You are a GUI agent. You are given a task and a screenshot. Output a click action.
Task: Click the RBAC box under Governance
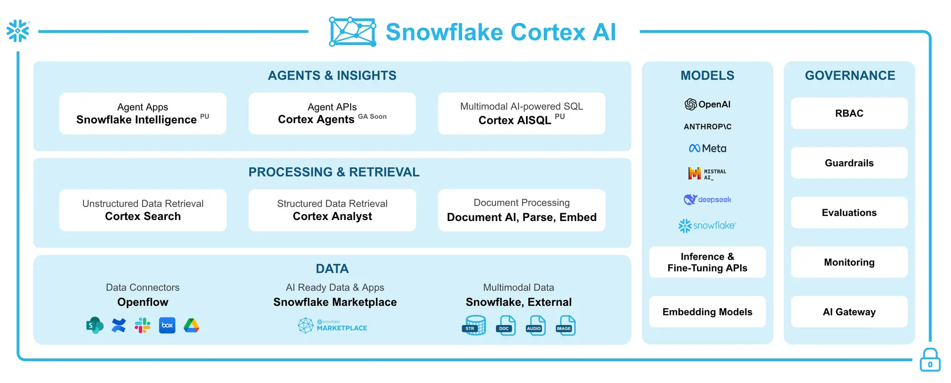tap(849, 113)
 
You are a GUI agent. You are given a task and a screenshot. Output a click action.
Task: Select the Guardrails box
tap(849, 163)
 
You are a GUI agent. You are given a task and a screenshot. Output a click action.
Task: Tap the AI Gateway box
tap(849, 312)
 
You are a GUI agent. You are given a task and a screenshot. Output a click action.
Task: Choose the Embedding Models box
tap(707, 312)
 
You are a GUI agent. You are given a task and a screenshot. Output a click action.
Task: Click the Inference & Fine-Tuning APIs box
tap(707, 262)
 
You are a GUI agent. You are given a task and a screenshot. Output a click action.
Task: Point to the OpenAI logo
tap(707, 104)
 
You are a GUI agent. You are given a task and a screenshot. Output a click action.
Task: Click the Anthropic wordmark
tap(707, 126)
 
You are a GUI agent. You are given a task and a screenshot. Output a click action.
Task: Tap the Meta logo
tap(707, 148)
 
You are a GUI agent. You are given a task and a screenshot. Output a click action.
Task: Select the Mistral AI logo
tap(707, 173)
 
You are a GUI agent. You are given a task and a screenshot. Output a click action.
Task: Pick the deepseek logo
tap(707, 200)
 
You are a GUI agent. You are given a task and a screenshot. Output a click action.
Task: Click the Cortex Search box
tap(143, 210)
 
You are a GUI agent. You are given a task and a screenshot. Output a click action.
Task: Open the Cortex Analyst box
tap(332, 210)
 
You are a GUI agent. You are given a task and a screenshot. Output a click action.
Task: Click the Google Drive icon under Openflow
tap(192, 325)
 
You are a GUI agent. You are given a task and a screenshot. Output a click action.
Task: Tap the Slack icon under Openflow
tap(143, 325)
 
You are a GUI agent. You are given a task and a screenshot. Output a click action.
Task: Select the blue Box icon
tap(167, 325)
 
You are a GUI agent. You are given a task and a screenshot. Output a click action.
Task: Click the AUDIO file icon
tap(535, 326)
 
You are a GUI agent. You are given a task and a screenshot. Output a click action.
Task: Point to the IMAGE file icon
tap(565, 326)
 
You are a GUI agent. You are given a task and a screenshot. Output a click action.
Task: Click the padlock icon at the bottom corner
tap(930, 360)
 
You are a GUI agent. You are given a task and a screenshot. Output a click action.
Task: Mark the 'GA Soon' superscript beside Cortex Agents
tap(372, 116)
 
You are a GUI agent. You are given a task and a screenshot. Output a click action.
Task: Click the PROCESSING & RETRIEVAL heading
tap(334, 172)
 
